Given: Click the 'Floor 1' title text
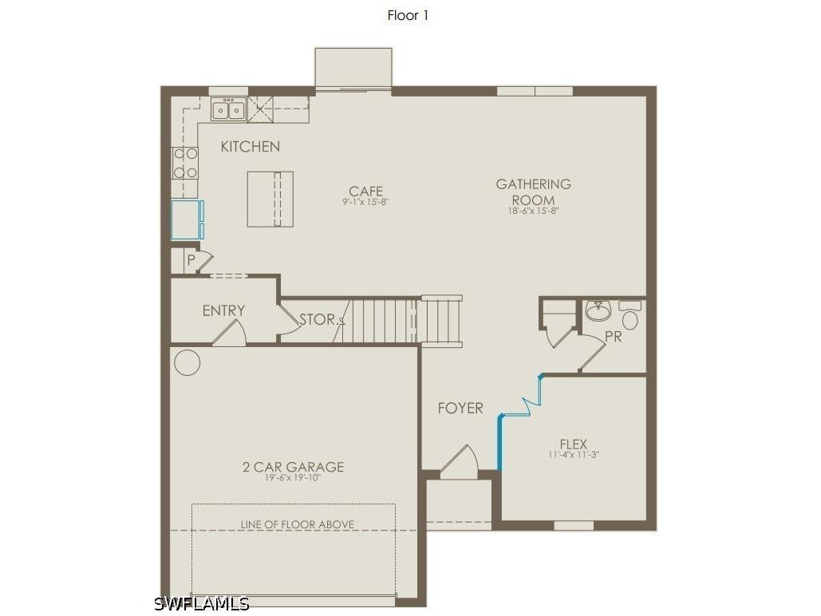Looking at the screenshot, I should [x=408, y=15].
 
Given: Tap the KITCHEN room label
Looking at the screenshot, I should [x=251, y=147].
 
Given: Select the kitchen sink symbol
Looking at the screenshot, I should [x=229, y=109].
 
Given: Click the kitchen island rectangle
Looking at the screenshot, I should [x=270, y=199].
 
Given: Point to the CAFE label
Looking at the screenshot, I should [x=365, y=192].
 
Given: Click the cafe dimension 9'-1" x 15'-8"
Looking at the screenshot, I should [x=365, y=203].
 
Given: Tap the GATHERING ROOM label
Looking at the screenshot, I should [x=534, y=192].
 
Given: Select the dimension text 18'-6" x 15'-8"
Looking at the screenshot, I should [x=534, y=211].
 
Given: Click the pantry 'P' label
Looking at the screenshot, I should [x=191, y=260].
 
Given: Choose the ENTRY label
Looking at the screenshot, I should [x=223, y=310].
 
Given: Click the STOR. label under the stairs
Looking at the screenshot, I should [x=318, y=320].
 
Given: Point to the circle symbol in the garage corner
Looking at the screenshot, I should [x=187, y=363].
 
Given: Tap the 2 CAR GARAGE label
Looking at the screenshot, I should [x=293, y=467].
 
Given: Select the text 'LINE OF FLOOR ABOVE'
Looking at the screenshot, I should [x=298, y=524].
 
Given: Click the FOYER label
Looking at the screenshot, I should [x=460, y=409].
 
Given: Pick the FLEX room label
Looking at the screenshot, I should [x=573, y=444].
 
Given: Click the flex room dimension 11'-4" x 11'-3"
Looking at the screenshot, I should [x=573, y=455].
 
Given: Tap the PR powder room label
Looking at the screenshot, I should [x=613, y=338].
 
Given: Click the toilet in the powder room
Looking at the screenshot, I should [x=630, y=316].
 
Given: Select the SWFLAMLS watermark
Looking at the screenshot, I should [x=202, y=604].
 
